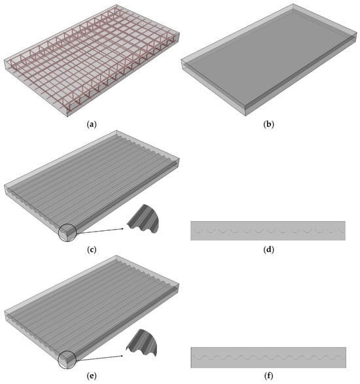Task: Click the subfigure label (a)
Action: coord(92,124)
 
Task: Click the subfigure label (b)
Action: coord(268,124)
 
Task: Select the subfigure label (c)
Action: coord(92,249)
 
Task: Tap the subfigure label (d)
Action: coord(268,249)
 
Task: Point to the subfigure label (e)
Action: coord(92,375)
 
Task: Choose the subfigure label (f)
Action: coord(268,375)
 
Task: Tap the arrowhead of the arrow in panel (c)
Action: coord(122,229)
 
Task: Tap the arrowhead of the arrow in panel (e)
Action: coord(121,356)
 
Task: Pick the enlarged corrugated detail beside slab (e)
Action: coord(142,343)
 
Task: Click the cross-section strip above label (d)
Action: coord(268,231)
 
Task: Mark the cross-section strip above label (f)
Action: coord(268,357)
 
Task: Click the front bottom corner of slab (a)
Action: coord(67,116)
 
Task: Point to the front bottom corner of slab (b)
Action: coord(245,115)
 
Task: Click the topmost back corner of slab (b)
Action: coord(293,4)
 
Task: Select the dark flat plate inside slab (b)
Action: coord(268,59)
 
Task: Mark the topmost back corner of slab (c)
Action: coord(117,131)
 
